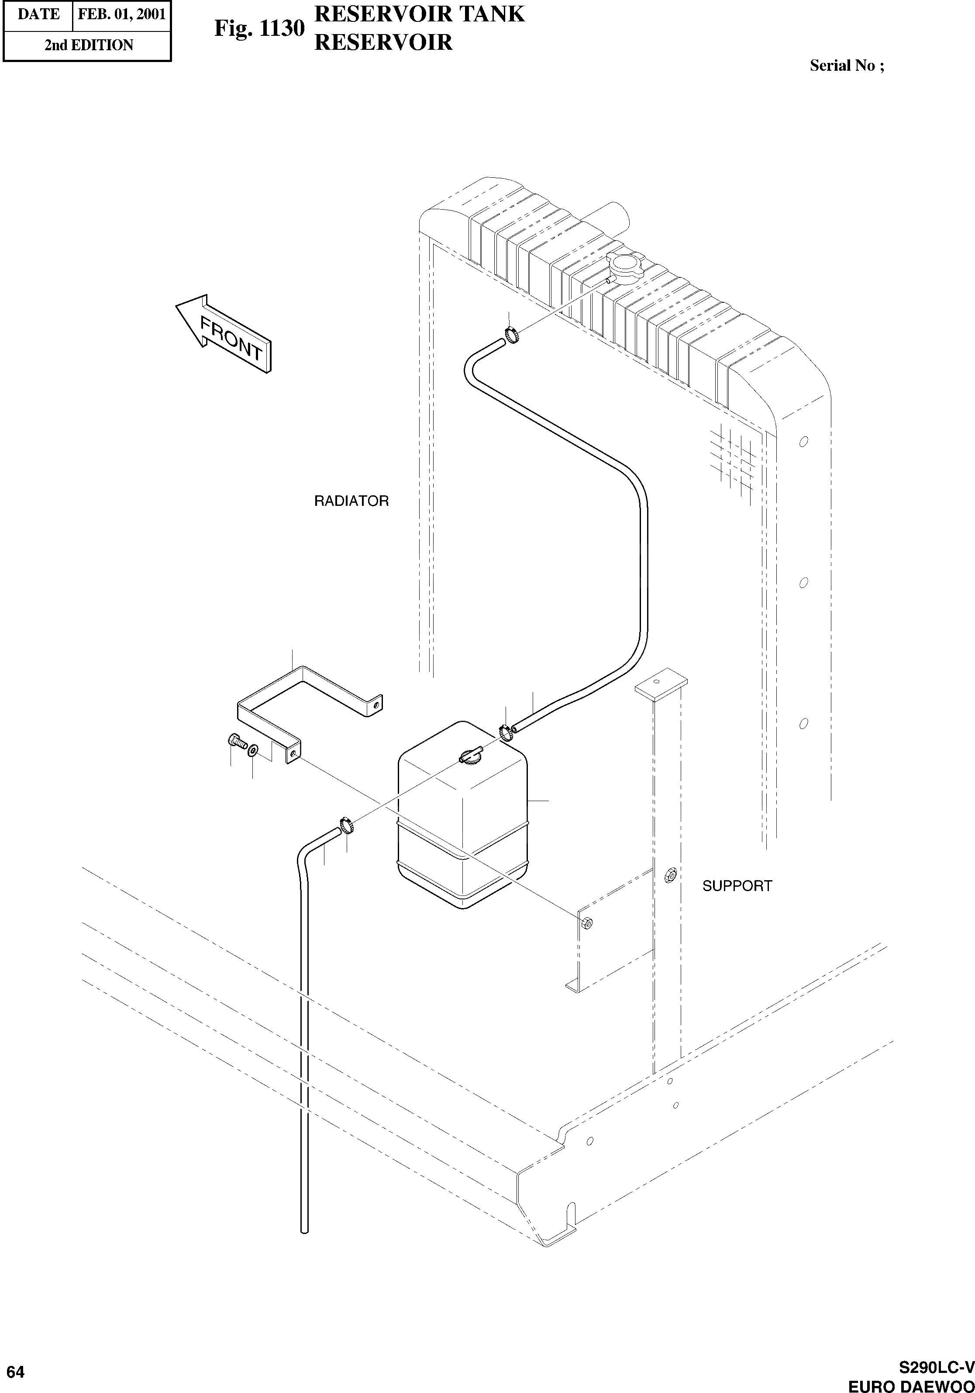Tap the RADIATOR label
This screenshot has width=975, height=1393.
click(x=351, y=501)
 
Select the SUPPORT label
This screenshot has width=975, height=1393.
click(x=737, y=886)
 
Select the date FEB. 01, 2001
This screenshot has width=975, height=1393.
click(x=122, y=14)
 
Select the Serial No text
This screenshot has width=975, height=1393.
click(x=847, y=66)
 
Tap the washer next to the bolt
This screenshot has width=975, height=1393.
click(x=252, y=750)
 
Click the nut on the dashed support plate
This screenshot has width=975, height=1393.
click(x=586, y=923)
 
